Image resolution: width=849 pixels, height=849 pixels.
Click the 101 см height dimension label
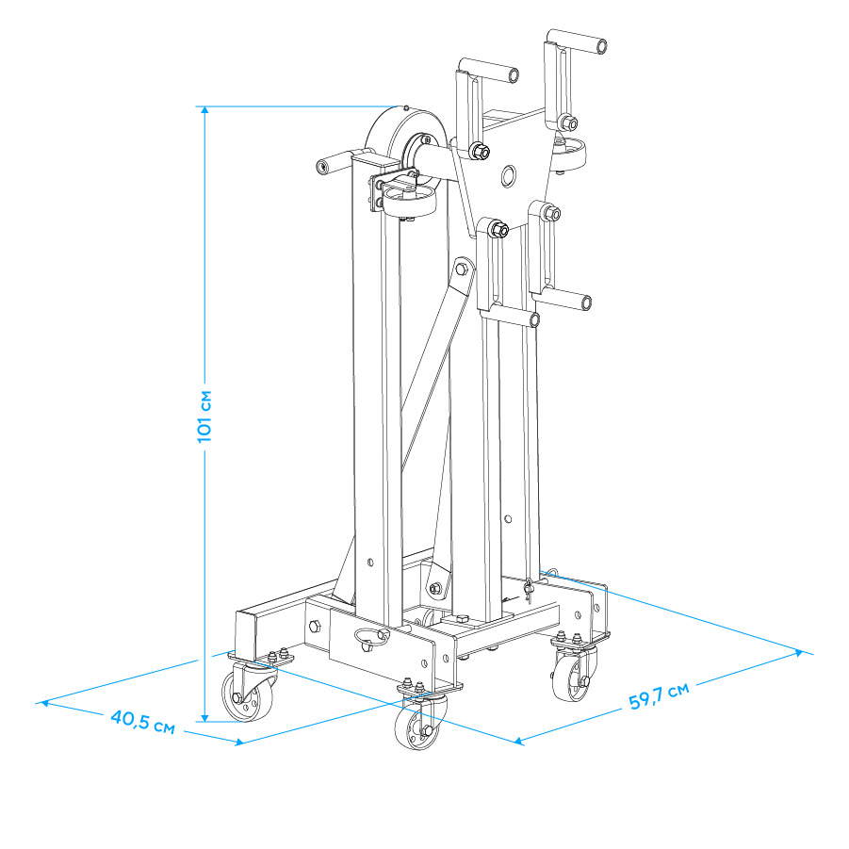pos(204,416)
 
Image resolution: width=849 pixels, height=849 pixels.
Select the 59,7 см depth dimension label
pos(659,695)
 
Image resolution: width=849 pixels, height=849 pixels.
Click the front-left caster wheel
pos(246,696)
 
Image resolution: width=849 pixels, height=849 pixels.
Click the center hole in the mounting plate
pos(508,175)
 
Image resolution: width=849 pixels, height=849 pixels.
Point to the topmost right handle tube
pos(576,41)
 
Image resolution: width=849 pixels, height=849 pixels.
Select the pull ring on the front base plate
pos(371,638)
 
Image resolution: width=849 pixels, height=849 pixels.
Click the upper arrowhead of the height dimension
pos(204,110)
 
